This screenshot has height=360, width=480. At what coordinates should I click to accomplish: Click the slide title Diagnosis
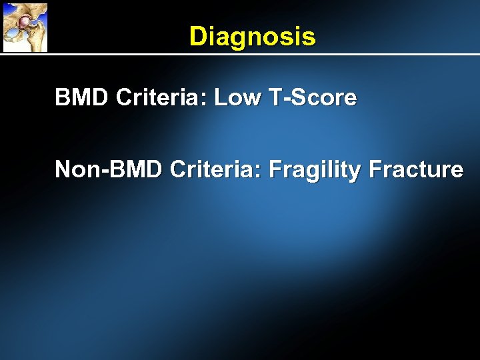click(252, 37)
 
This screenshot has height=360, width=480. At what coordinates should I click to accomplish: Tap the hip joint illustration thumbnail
click(25, 27)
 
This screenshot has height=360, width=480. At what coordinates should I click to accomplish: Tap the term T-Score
click(311, 98)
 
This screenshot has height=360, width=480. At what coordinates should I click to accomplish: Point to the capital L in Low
click(220, 98)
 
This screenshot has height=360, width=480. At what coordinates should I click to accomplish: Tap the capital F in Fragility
click(274, 169)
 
